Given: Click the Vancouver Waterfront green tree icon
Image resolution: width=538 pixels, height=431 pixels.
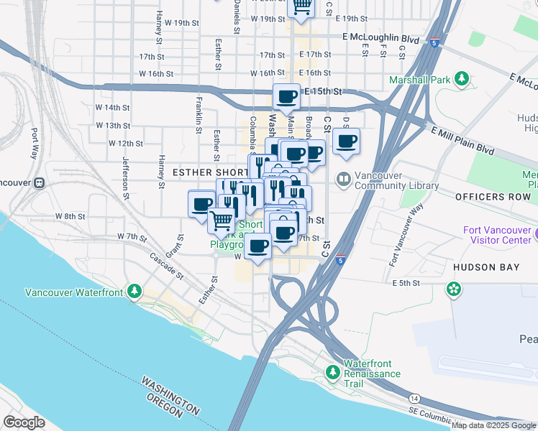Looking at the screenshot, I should click(x=134, y=291).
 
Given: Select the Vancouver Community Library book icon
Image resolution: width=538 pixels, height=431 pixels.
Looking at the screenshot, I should click(x=344, y=178).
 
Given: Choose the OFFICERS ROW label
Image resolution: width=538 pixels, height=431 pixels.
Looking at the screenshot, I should click(x=493, y=196).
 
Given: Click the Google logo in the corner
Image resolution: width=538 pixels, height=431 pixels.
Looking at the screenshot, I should click(x=24, y=422).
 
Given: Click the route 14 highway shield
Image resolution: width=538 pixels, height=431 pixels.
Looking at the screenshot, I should click(x=414, y=397).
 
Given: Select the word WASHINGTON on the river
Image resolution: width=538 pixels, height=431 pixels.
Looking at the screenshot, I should click(x=170, y=394).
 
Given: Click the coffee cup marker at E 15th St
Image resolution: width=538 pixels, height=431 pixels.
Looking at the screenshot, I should click(x=286, y=96).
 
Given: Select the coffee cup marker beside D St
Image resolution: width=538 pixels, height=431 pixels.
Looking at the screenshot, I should click(x=346, y=141).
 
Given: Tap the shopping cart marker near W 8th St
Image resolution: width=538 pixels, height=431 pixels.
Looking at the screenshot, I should click(x=222, y=219).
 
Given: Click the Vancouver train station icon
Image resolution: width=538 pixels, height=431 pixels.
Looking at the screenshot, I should click(x=38, y=182).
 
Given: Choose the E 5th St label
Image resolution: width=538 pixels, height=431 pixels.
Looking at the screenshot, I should click(x=406, y=283).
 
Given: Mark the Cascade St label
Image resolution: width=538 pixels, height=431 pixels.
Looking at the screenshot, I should click(x=166, y=266).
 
